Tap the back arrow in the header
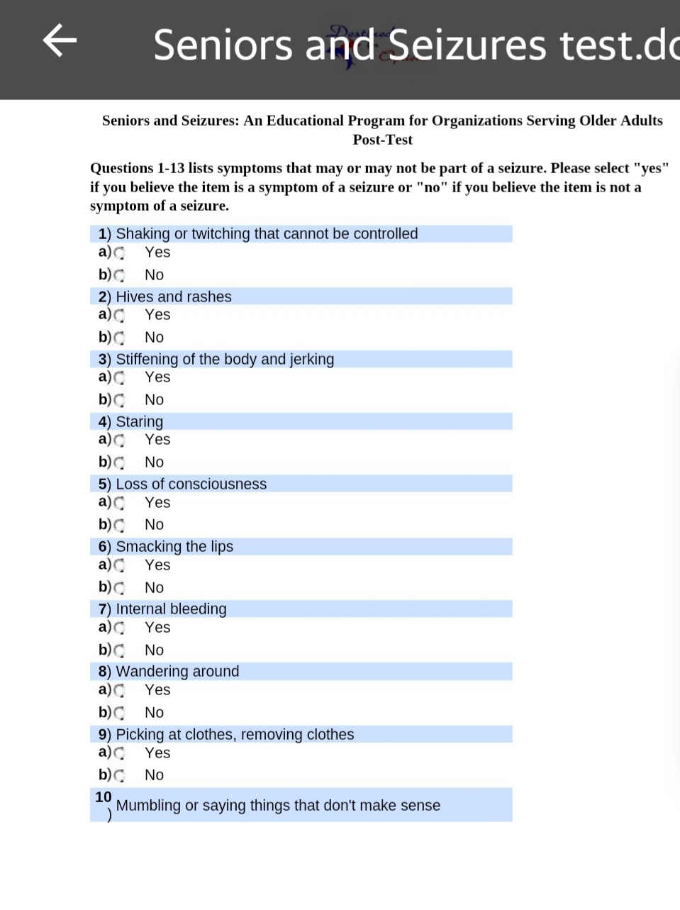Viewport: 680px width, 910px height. pyautogui.click(x=60, y=40)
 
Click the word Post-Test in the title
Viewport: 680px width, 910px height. pyautogui.click(x=382, y=140)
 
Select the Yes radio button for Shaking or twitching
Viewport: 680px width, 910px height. pyautogui.click(x=119, y=253)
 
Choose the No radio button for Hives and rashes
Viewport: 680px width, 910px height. pyautogui.click(x=119, y=338)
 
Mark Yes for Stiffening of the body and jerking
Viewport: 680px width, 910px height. pyautogui.click(x=119, y=377)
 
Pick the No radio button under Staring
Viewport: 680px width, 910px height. pyautogui.click(x=119, y=462)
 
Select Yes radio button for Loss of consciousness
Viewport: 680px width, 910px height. pyautogui.click(x=119, y=503)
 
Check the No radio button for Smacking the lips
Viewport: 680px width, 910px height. pyautogui.click(x=119, y=588)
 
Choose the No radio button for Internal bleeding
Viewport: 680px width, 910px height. pyautogui.click(x=119, y=650)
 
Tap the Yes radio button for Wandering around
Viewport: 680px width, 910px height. pyautogui.click(x=119, y=690)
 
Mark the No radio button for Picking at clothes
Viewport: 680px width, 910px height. pyautogui.click(x=119, y=775)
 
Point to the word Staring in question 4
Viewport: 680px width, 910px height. pyautogui.click(x=139, y=422)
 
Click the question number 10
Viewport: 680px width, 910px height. pyautogui.click(x=104, y=797)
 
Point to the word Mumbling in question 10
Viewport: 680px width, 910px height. pyautogui.click(x=148, y=806)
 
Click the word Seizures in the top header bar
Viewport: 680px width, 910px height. pyautogui.click(x=467, y=45)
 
